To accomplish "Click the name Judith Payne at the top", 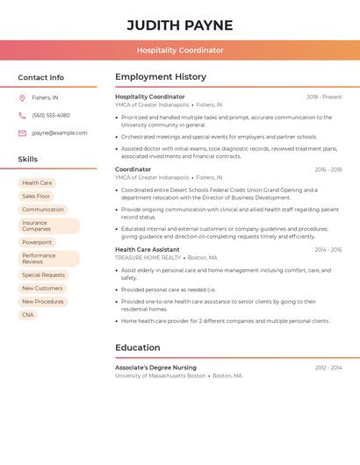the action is pyautogui.click(x=180, y=25).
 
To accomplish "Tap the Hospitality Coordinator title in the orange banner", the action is pyautogui.click(x=180, y=51).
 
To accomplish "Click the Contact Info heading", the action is pyautogui.click(x=41, y=77).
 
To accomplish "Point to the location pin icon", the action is pyautogui.click(x=22, y=98).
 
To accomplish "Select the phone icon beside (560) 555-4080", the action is pyautogui.click(x=22, y=116).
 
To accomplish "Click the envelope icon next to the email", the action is pyautogui.click(x=22, y=133).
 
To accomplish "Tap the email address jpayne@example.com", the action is pyautogui.click(x=60, y=133).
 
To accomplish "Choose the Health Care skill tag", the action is pyautogui.click(x=37, y=182).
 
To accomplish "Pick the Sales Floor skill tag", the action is pyautogui.click(x=36, y=197).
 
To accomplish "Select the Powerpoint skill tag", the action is pyautogui.click(x=37, y=242).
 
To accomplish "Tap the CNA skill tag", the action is pyautogui.click(x=28, y=315).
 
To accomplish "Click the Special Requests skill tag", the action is pyautogui.click(x=43, y=275).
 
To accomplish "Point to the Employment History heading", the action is pyautogui.click(x=161, y=77).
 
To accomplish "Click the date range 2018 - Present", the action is pyautogui.click(x=324, y=97).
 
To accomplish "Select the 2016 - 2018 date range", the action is pyautogui.click(x=328, y=170).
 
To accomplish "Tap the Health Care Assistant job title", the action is pyautogui.click(x=147, y=250).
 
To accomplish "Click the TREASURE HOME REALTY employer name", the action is pyautogui.click(x=148, y=258).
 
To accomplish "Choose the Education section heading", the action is pyautogui.click(x=137, y=347).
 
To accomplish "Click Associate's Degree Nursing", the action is pyautogui.click(x=155, y=368).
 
